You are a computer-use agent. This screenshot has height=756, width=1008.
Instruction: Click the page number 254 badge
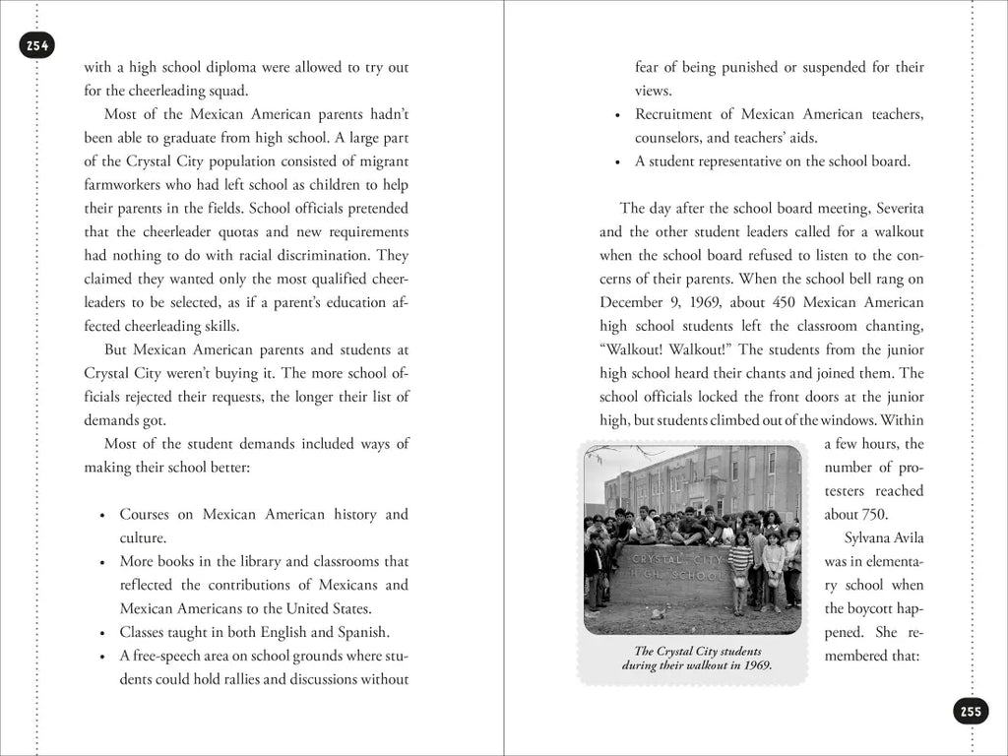point(37,45)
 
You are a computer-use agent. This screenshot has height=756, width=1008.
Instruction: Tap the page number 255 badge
point(971,712)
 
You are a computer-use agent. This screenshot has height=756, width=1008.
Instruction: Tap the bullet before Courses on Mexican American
point(103,516)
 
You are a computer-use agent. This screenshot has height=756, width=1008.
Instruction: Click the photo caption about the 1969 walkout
point(697,659)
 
